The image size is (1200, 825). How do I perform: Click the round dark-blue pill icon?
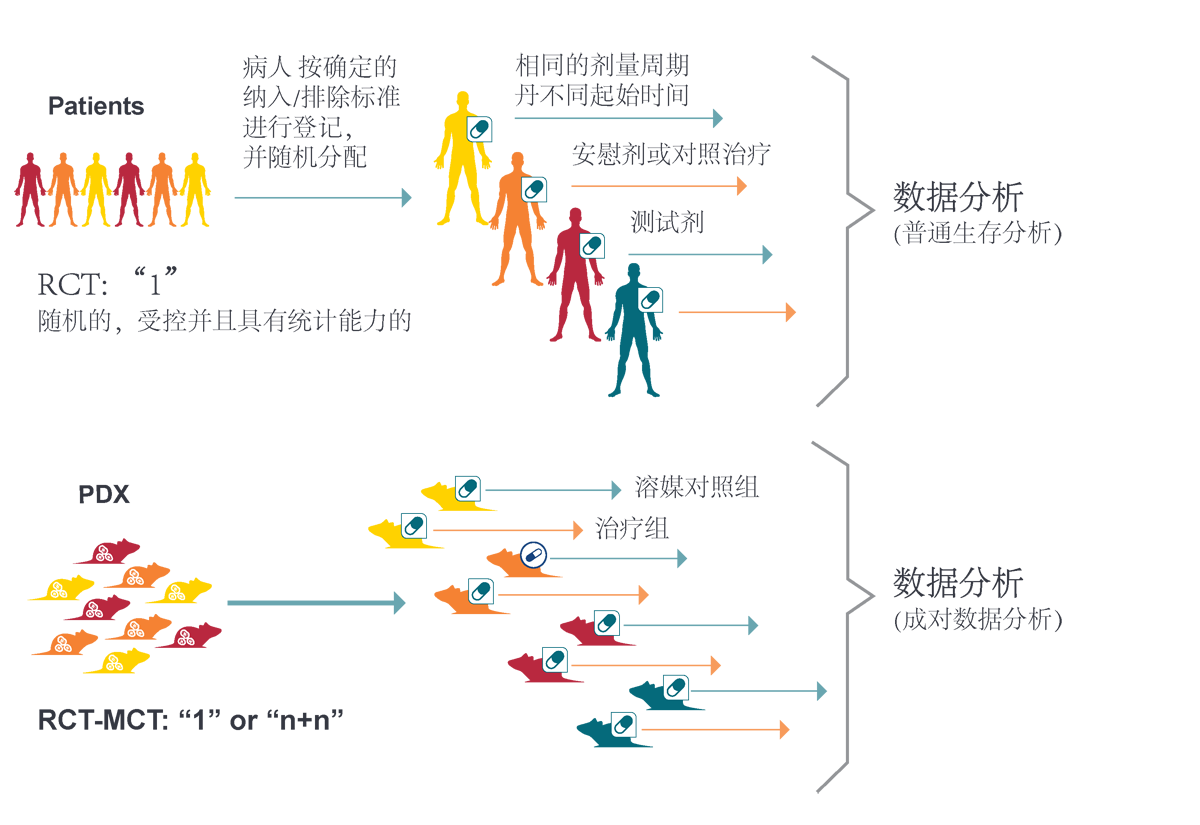[x=533, y=555]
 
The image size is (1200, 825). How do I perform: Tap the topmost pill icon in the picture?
[x=480, y=129]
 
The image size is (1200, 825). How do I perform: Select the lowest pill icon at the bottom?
[x=624, y=724]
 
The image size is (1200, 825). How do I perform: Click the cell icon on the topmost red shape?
[x=103, y=552]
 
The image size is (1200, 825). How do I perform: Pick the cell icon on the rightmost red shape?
[x=185, y=636]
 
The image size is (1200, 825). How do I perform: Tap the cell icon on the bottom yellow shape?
[x=114, y=661]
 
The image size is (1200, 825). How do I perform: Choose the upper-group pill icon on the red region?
[x=592, y=245]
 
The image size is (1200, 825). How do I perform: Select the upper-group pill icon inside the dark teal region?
[x=650, y=299]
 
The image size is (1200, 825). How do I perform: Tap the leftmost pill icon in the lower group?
[x=413, y=525]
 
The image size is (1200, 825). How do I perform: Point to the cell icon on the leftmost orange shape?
[x=64, y=643]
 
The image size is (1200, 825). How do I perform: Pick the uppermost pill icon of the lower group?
[x=467, y=488]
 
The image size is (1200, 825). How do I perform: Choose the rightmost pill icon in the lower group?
[x=676, y=687]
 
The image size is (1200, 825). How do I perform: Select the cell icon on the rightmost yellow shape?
[x=176, y=593]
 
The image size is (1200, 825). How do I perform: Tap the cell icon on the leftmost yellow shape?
[x=60, y=589]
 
